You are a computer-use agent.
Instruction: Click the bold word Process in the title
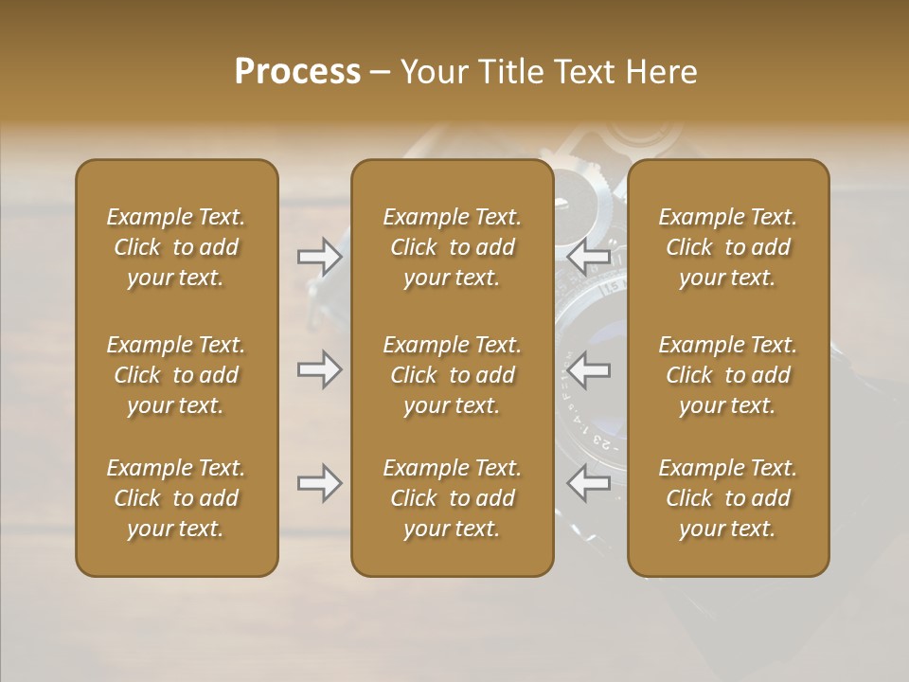coord(297,72)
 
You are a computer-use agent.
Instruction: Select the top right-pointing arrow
coord(320,256)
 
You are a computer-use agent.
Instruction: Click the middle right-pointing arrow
coord(320,369)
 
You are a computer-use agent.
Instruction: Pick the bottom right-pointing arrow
coord(320,483)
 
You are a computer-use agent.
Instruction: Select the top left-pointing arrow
coord(588,256)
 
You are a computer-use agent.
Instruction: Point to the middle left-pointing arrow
coord(588,369)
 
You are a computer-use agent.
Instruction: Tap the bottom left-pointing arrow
coord(588,483)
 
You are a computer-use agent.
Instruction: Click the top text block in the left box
coord(176,247)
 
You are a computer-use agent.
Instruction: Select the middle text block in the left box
coord(176,375)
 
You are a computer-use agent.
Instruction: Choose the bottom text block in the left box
coord(176,498)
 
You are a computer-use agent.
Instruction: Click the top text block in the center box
coord(452,247)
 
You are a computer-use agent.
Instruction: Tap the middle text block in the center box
coord(452,375)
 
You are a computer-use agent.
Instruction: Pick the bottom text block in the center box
coord(452,498)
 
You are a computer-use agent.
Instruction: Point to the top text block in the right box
coord(728,247)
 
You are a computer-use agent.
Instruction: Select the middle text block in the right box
coord(728,375)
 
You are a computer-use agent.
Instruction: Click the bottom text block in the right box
coord(728,498)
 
